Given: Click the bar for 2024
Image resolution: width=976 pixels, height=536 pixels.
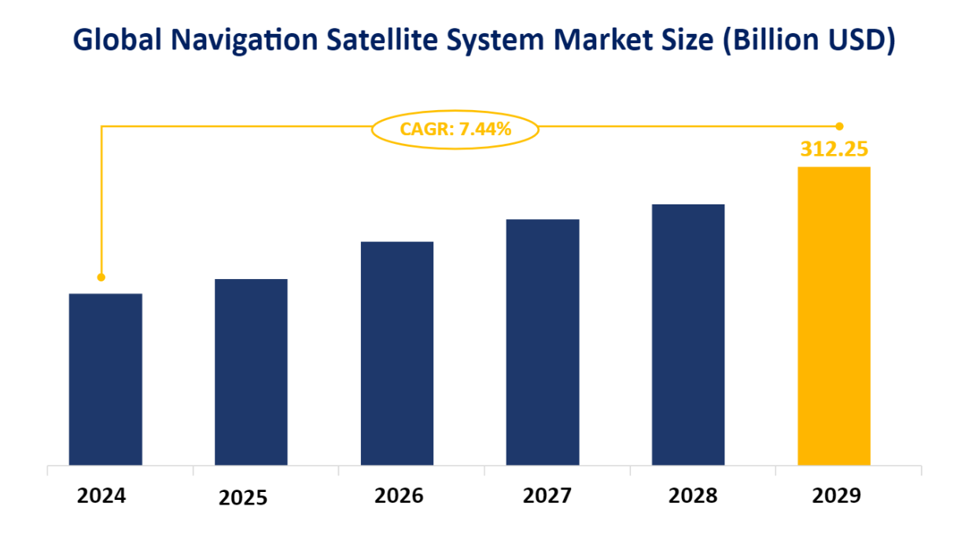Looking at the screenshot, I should (x=105, y=379).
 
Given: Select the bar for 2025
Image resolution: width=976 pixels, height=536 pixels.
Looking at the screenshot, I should (x=251, y=372).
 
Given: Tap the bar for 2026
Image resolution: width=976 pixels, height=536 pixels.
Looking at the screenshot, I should (x=397, y=353).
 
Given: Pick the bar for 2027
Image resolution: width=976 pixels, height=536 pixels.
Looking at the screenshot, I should (x=543, y=342).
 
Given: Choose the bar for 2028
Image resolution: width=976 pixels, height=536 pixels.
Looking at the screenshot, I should (x=688, y=334).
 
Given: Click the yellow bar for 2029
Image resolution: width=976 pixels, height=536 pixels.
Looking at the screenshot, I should (x=834, y=315).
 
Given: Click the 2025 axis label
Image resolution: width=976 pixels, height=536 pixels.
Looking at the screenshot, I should (x=243, y=498).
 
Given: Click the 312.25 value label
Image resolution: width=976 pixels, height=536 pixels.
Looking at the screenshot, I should (x=834, y=149).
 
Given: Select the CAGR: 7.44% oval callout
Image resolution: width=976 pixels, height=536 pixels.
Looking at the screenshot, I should (x=455, y=129).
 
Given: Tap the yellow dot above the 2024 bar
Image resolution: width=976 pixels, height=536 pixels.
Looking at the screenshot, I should (x=101, y=277).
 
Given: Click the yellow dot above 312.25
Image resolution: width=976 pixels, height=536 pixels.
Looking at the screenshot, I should (x=839, y=126).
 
